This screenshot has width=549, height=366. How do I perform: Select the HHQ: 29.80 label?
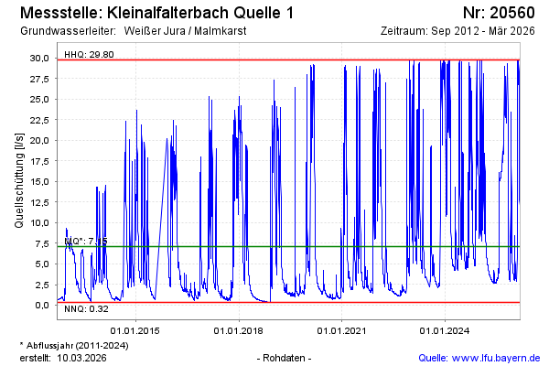[x=89, y=54]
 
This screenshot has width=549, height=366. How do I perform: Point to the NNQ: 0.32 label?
[x=88, y=310]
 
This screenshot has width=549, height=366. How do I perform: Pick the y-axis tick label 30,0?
[x=41, y=57]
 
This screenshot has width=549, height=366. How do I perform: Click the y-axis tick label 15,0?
[x=41, y=180]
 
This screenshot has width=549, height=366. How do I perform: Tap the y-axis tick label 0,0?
[x=44, y=305]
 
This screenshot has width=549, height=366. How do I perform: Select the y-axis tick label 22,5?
[x=41, y=119]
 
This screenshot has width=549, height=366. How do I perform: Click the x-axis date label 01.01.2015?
[x=135, y=329]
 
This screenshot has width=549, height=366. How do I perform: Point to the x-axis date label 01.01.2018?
[x=239, y=329]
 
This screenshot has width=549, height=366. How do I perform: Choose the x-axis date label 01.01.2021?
[x=342, y=329]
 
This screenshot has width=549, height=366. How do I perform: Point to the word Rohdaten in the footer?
[x=285, y=357]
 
